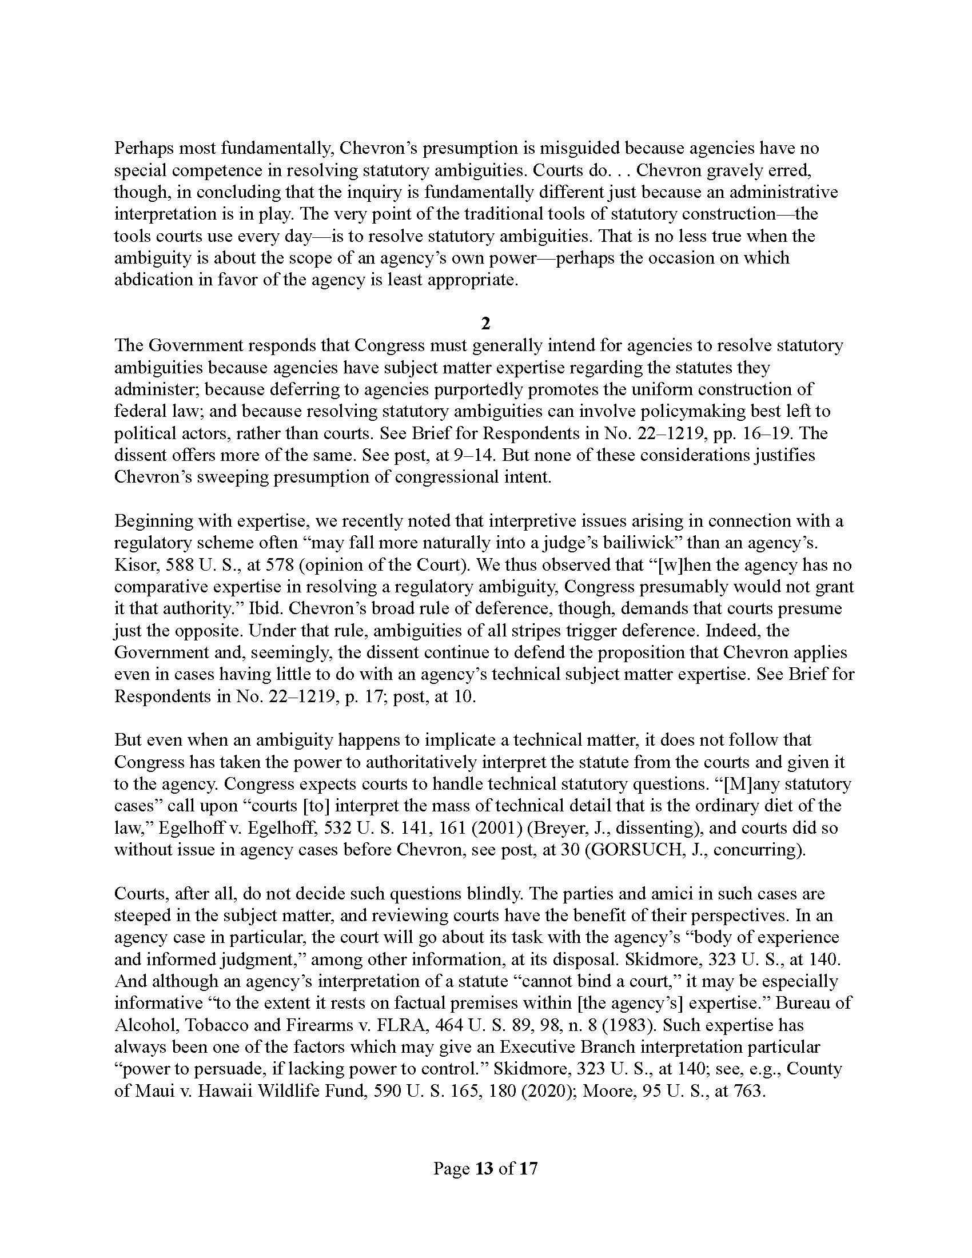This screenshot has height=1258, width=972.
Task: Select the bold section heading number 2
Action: (x=485, y=324)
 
